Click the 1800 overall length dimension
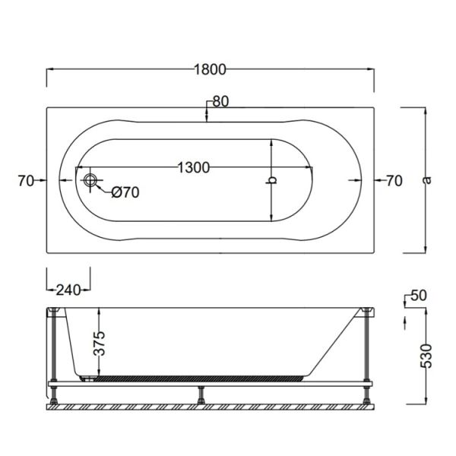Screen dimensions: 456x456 click(x=210, y=69)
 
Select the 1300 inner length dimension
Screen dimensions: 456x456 click(x=193, y=167)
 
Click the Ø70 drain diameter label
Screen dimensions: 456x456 click(x=125, y=192)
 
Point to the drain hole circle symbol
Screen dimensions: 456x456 click(x=91, y=181)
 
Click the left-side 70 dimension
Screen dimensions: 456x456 click(x=25, y=181)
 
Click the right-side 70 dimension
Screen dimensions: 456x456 click(x=393, y=181)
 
